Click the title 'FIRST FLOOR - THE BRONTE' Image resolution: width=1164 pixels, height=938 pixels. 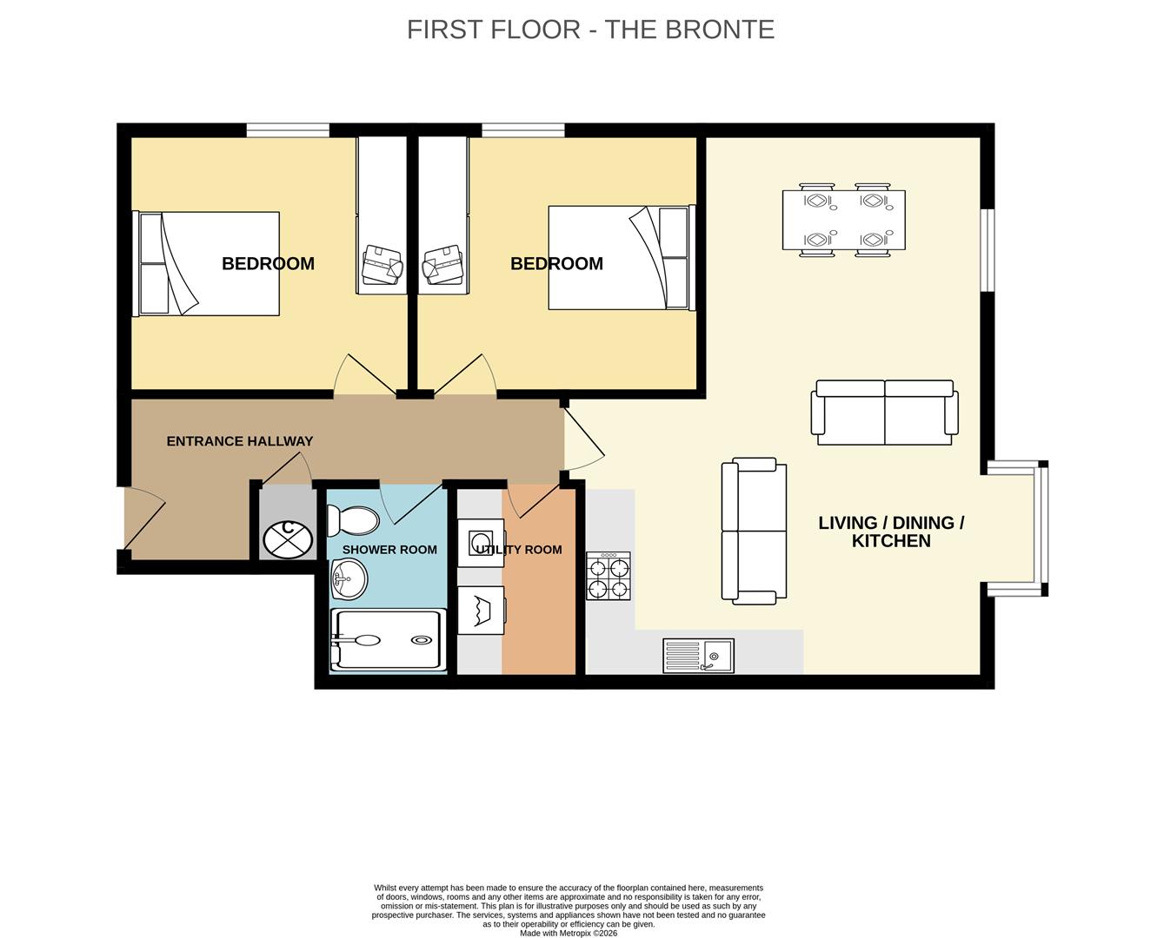click(590, 30)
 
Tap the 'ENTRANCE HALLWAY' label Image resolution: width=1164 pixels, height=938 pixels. click(239, 441)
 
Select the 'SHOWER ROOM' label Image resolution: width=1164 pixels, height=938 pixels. click(389, 550)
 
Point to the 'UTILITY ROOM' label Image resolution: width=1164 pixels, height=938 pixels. click(519, 550)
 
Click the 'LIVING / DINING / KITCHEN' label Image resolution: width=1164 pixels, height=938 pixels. click(891, 532)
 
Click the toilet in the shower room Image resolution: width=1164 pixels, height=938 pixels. click(352, 520)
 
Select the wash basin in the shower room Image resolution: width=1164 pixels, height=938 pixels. click(349, 578)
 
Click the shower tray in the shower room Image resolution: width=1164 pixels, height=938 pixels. click(389, 641)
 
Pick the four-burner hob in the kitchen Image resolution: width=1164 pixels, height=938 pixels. click(609, 576)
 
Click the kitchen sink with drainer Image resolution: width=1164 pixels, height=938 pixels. click(698, 656)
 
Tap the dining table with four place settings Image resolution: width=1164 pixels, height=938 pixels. click(843, 221)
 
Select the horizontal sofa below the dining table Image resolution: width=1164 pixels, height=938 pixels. click(884, 413)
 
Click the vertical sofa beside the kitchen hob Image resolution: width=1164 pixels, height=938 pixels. click(754, 532)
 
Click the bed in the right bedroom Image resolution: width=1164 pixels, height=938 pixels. click(621, 258)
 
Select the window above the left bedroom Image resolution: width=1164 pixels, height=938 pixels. click(288, 130)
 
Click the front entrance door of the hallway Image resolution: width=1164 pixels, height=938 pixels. click(143, 521)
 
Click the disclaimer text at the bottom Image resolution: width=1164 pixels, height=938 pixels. click(569, 910)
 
